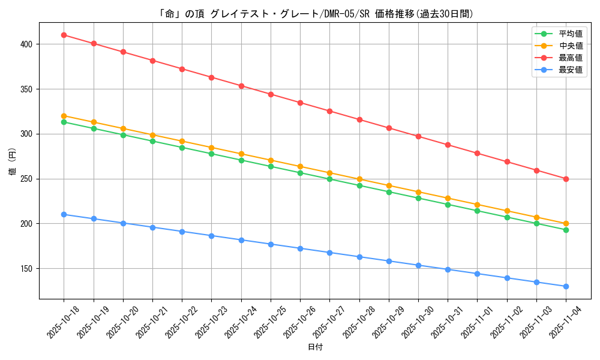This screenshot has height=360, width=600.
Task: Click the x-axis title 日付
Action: click(315, 347)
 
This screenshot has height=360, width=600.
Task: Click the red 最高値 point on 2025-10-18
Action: click(64, 35)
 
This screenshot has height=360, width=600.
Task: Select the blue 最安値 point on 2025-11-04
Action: click(566, 286)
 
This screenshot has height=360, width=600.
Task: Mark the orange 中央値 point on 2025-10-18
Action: click(64, 116)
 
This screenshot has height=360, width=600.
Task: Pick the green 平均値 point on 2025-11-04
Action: click(566, 230)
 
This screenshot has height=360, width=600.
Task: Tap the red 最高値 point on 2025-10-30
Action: click(418, 136)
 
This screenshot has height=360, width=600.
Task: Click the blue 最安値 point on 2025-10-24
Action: click(241, 240)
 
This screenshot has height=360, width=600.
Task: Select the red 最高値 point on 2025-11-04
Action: click(566, 179)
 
